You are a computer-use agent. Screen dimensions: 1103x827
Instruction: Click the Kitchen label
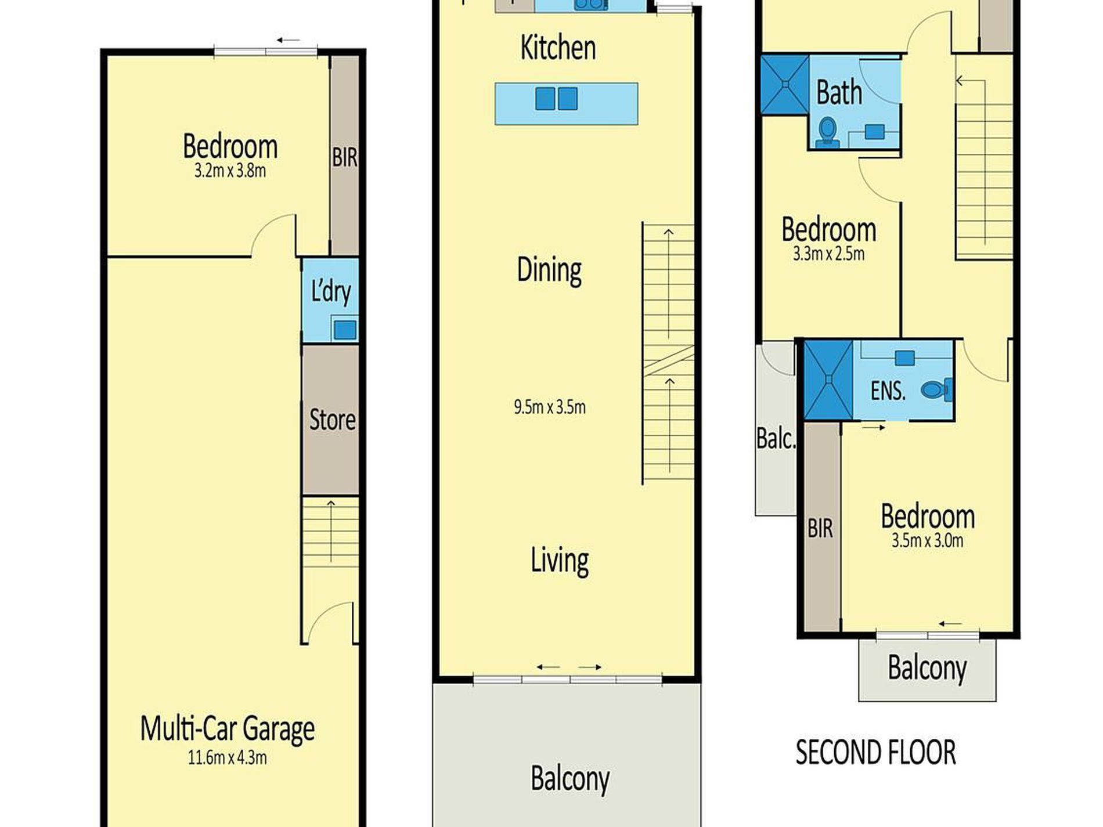point(558,48)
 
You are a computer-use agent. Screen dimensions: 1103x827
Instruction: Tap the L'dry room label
point(331,291)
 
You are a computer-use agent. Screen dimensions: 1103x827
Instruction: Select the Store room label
point(332,419)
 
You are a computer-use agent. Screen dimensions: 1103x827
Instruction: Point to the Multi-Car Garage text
point(228,729)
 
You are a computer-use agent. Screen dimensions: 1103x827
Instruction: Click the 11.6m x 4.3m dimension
point(228,757)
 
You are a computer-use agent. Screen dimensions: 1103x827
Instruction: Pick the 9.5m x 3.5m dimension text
point(550,407)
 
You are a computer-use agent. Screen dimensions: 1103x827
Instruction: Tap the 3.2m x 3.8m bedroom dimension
point(230,171)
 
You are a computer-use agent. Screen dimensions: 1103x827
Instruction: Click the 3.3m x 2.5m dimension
point(828,254)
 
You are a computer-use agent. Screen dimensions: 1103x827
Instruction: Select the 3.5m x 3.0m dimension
point(927,540)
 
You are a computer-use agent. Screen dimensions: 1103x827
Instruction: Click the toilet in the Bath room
point(827,132)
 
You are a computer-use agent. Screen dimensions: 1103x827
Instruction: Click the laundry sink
point(345,330)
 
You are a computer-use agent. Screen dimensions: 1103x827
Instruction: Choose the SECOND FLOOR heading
point(875,753)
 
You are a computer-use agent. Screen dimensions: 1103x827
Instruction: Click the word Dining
point(549,270)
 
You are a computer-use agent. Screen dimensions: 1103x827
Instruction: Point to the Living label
point(560,561)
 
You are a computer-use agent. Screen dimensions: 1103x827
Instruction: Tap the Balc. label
point(776,439)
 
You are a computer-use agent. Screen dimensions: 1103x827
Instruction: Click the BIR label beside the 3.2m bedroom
point(345,157)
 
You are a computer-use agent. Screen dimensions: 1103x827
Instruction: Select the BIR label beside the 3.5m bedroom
point(820,528)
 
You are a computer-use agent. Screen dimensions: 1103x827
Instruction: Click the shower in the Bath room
point(785,84)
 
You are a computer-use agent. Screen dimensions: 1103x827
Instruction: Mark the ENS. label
point(888,391)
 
